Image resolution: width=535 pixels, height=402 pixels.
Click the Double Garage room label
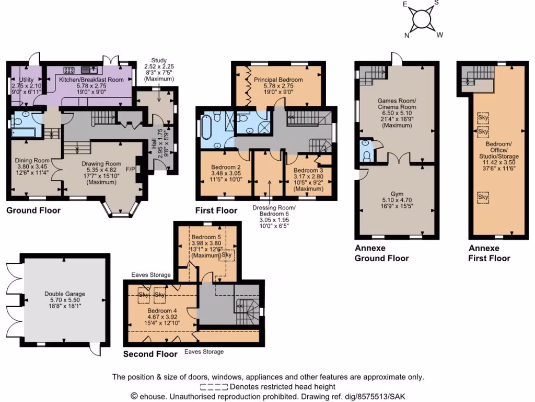click(65, 294)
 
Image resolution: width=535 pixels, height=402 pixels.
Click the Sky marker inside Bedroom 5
click(227, 255)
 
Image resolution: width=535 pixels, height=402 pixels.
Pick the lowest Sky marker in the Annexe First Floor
click(483, 197)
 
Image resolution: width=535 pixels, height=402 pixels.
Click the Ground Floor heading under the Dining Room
click(33, 210)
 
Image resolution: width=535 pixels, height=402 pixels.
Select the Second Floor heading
click(150, 354)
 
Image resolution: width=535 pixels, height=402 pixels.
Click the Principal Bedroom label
click(278, 80)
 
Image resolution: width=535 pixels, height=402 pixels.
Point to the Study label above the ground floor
click(159, 60)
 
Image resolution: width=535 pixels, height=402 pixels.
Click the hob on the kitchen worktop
click(69, 69)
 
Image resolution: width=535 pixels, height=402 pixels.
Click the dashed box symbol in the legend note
click(214, 387)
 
